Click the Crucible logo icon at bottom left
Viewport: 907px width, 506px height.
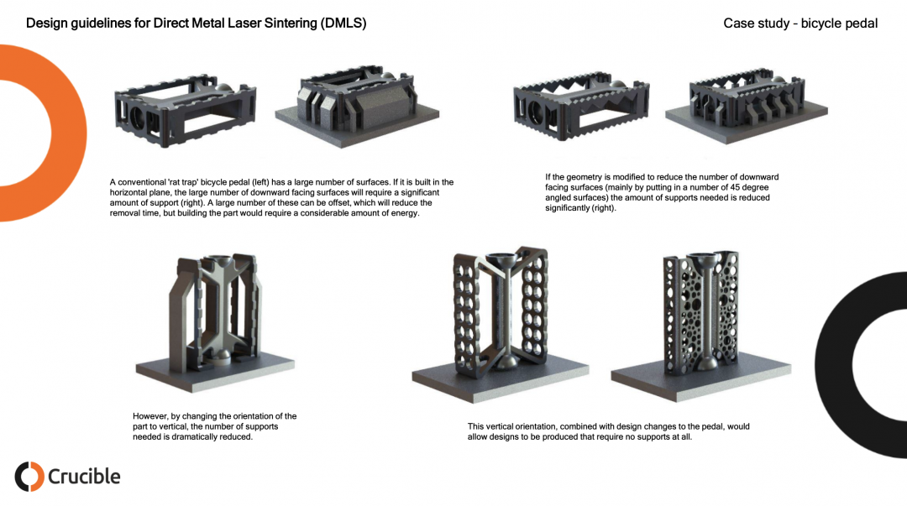point(29,476)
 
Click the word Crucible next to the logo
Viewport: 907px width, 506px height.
point(84,477)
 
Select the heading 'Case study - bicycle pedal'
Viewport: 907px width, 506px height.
point(800,23)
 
